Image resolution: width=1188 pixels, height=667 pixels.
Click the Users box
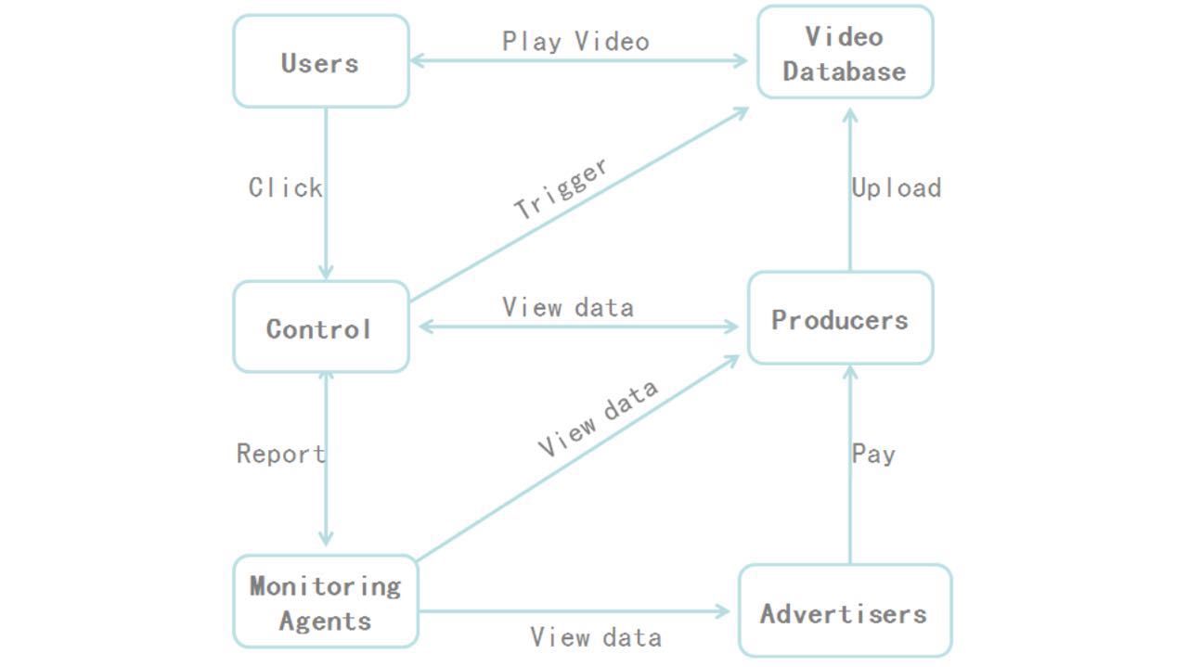[x=320, y=61]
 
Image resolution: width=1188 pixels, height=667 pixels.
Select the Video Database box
[x=845, y=53]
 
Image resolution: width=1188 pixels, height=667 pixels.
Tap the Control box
[x=320, y=327]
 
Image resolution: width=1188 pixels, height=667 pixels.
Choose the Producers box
[x=840, y=318]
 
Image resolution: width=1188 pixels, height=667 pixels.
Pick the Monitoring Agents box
[x=325, y=602]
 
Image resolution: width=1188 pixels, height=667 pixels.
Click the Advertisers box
[x=845, y=611]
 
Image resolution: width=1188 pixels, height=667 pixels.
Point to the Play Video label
[x=575, y=41]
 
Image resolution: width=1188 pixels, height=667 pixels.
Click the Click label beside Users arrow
[x=285, y=187]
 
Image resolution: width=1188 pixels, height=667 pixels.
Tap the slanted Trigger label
[x=562, y=188]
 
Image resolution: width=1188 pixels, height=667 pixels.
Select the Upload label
[x=896, y=187]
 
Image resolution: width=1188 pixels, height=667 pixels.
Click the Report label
[x=280, y=454]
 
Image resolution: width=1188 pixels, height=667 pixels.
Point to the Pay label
[x=873, y=454]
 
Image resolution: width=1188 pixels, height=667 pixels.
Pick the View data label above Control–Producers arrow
[x=568, y=307]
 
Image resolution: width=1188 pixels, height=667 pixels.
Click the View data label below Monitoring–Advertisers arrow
[x=596, y=637]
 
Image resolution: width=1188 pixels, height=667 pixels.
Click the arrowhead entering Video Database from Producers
[x=850, y=115]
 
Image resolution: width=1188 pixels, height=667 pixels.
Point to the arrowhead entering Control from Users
[x=326, y=271]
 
